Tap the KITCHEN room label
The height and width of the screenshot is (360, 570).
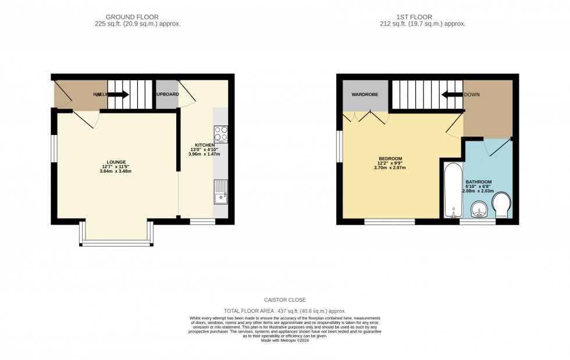pyautogui.click(x=205, y=145)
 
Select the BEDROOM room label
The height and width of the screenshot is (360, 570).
pyautogui.click(x=390, y=158)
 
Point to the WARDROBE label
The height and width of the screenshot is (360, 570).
pyautogui.click(x=365, y=94)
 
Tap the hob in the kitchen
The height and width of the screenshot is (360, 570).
pyautogui.click(x=221, y=134)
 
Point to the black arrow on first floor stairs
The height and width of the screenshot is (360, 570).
pyautogui.click(x=451, y=94)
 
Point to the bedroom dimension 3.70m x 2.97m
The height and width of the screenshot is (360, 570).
pyautogui.click(x=390, y=168)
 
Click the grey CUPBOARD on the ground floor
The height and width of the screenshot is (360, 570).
pyautogui.click(x=166, y=94)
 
